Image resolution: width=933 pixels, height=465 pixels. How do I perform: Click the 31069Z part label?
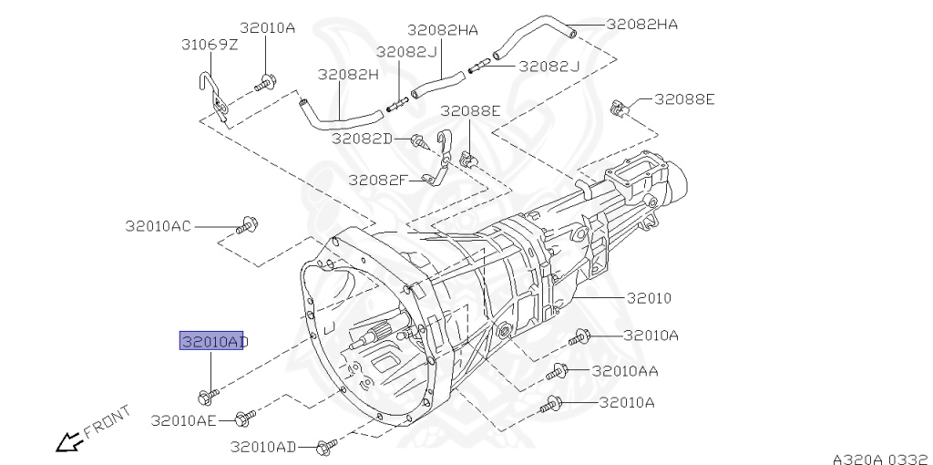210,45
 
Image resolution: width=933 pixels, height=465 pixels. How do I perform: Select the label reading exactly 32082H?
348,75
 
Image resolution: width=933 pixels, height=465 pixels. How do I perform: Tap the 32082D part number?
363,139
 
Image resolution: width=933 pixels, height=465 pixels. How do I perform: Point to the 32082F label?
376,180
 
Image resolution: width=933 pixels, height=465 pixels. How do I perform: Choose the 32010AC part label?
159,226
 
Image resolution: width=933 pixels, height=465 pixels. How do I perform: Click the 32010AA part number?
625,371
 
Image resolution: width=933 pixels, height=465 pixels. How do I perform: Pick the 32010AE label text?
184,421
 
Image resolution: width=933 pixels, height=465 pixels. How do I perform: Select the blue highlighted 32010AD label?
211,341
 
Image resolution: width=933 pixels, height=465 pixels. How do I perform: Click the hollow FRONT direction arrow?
68,442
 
